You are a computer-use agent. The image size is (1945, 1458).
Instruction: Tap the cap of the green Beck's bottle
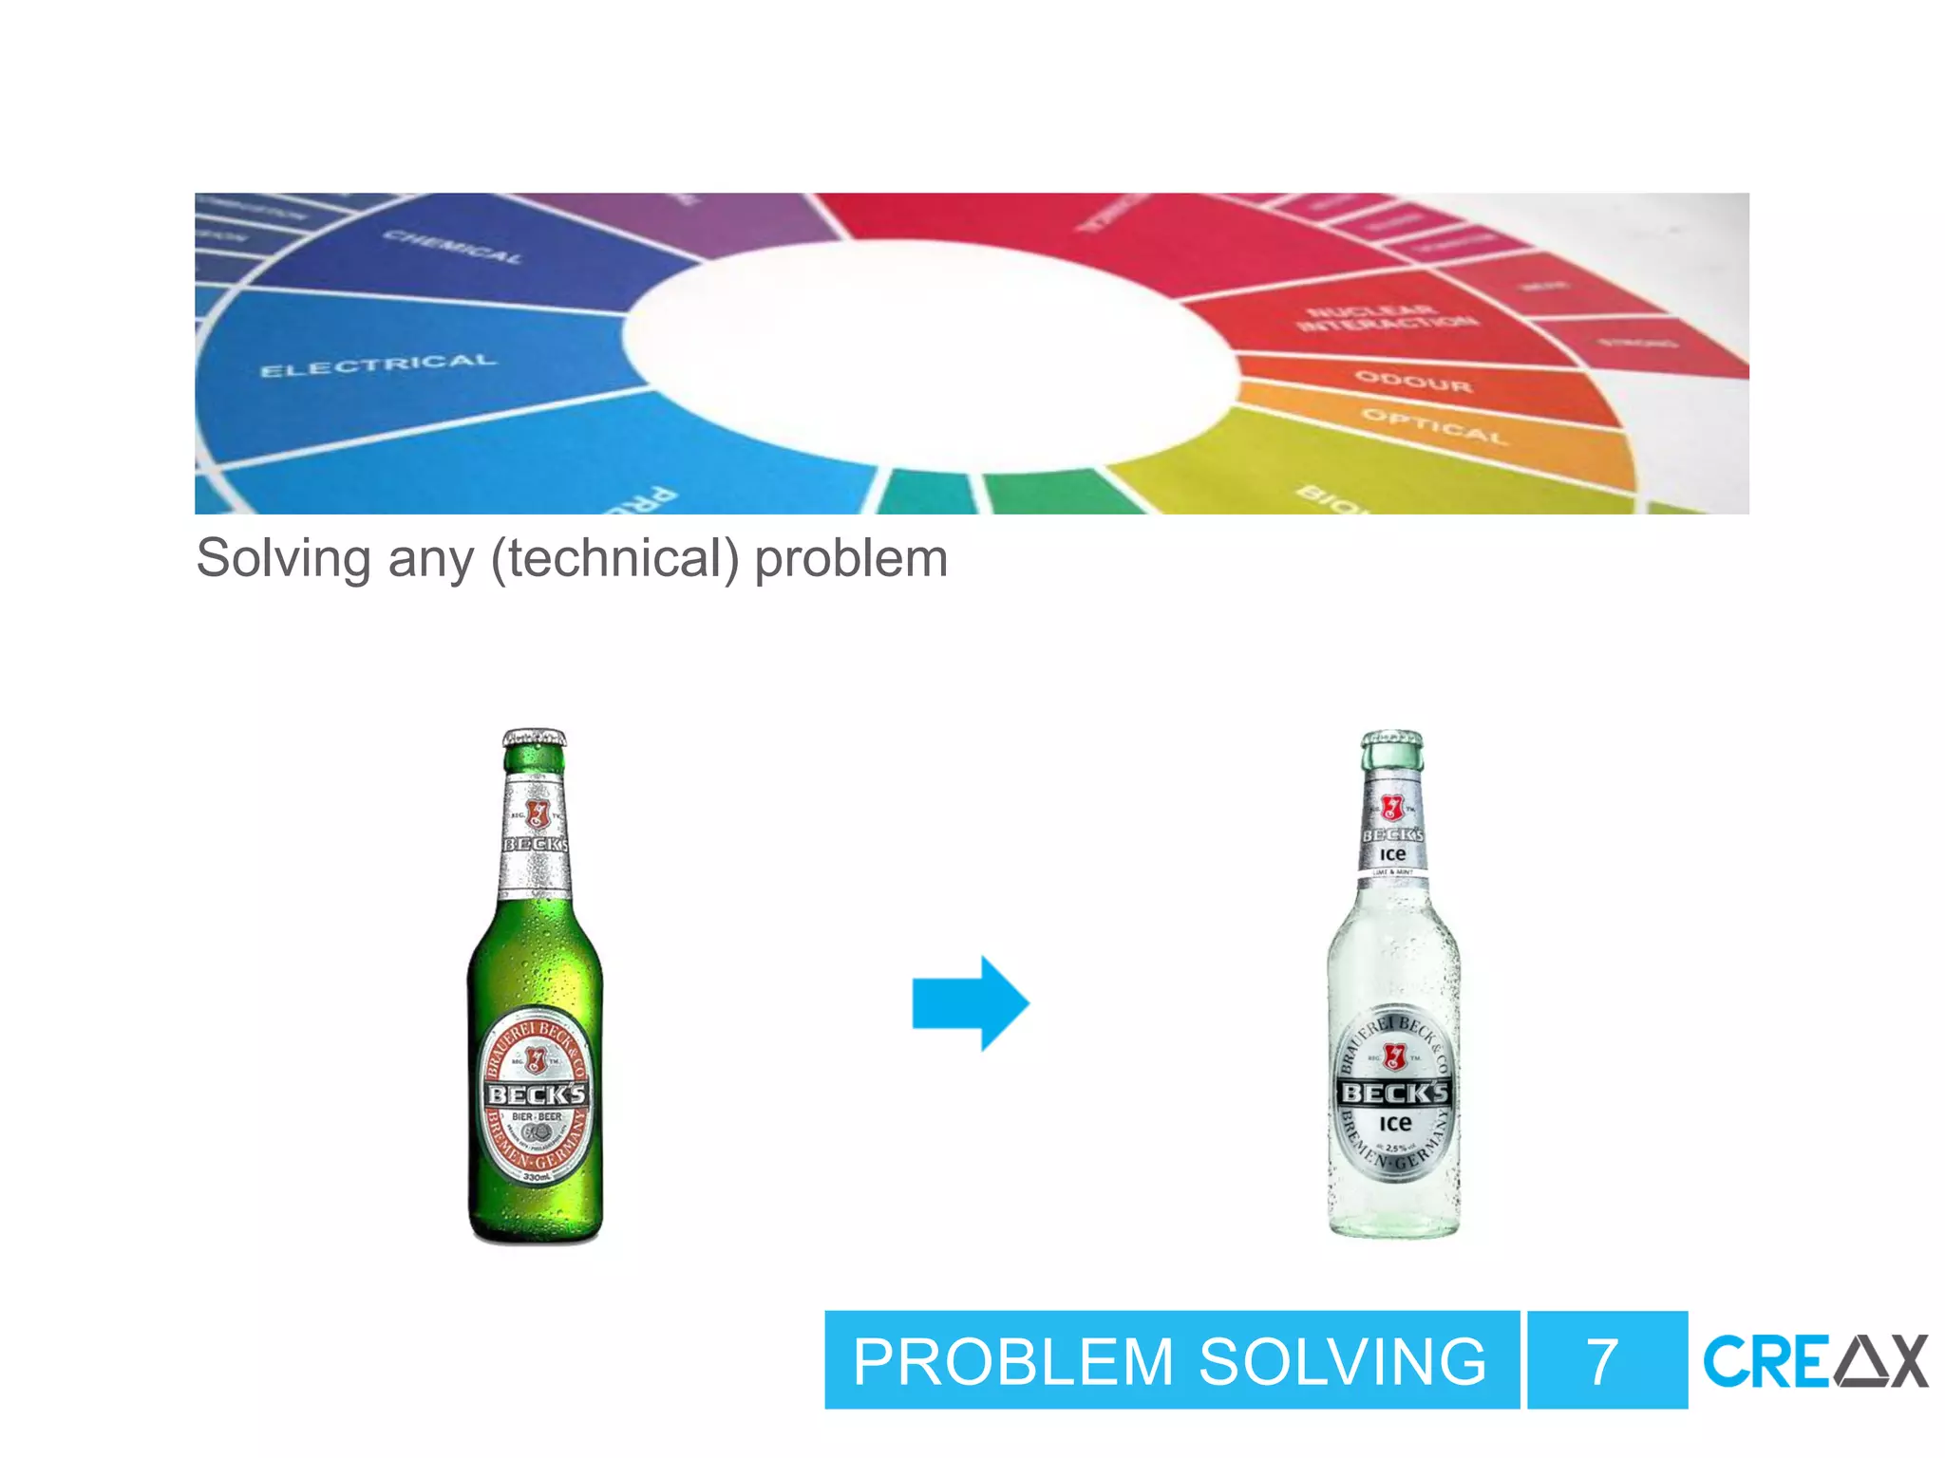click(534, 739)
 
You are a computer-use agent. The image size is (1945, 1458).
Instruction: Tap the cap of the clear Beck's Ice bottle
click(1392, 740)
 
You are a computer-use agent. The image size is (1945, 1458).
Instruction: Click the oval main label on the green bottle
click(536, 1101)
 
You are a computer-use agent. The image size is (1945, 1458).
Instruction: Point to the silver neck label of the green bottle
click(536, 835)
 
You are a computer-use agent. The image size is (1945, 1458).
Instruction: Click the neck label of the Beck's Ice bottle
click(1392, 831)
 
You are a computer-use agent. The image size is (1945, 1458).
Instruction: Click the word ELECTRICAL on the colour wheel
click(378, 365)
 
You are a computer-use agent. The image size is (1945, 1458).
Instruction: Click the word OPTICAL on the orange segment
click(1434, 426)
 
